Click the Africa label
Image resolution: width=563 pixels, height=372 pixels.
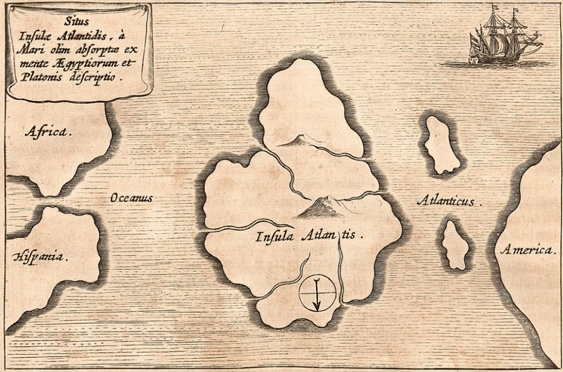[x=48, y=132]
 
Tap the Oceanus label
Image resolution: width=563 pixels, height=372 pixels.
[x=131, y=199]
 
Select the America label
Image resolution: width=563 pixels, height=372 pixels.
[x=527, y=250]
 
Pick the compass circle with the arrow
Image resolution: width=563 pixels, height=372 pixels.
[x=317, y=293]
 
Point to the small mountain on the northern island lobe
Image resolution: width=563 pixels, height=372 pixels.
[x=300, y=140]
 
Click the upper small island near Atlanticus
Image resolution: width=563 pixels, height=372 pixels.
[x=442, y=145]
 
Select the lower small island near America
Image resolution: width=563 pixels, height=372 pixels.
[x=455, y=245]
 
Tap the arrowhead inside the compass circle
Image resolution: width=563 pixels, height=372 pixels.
[x=317, y=306]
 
